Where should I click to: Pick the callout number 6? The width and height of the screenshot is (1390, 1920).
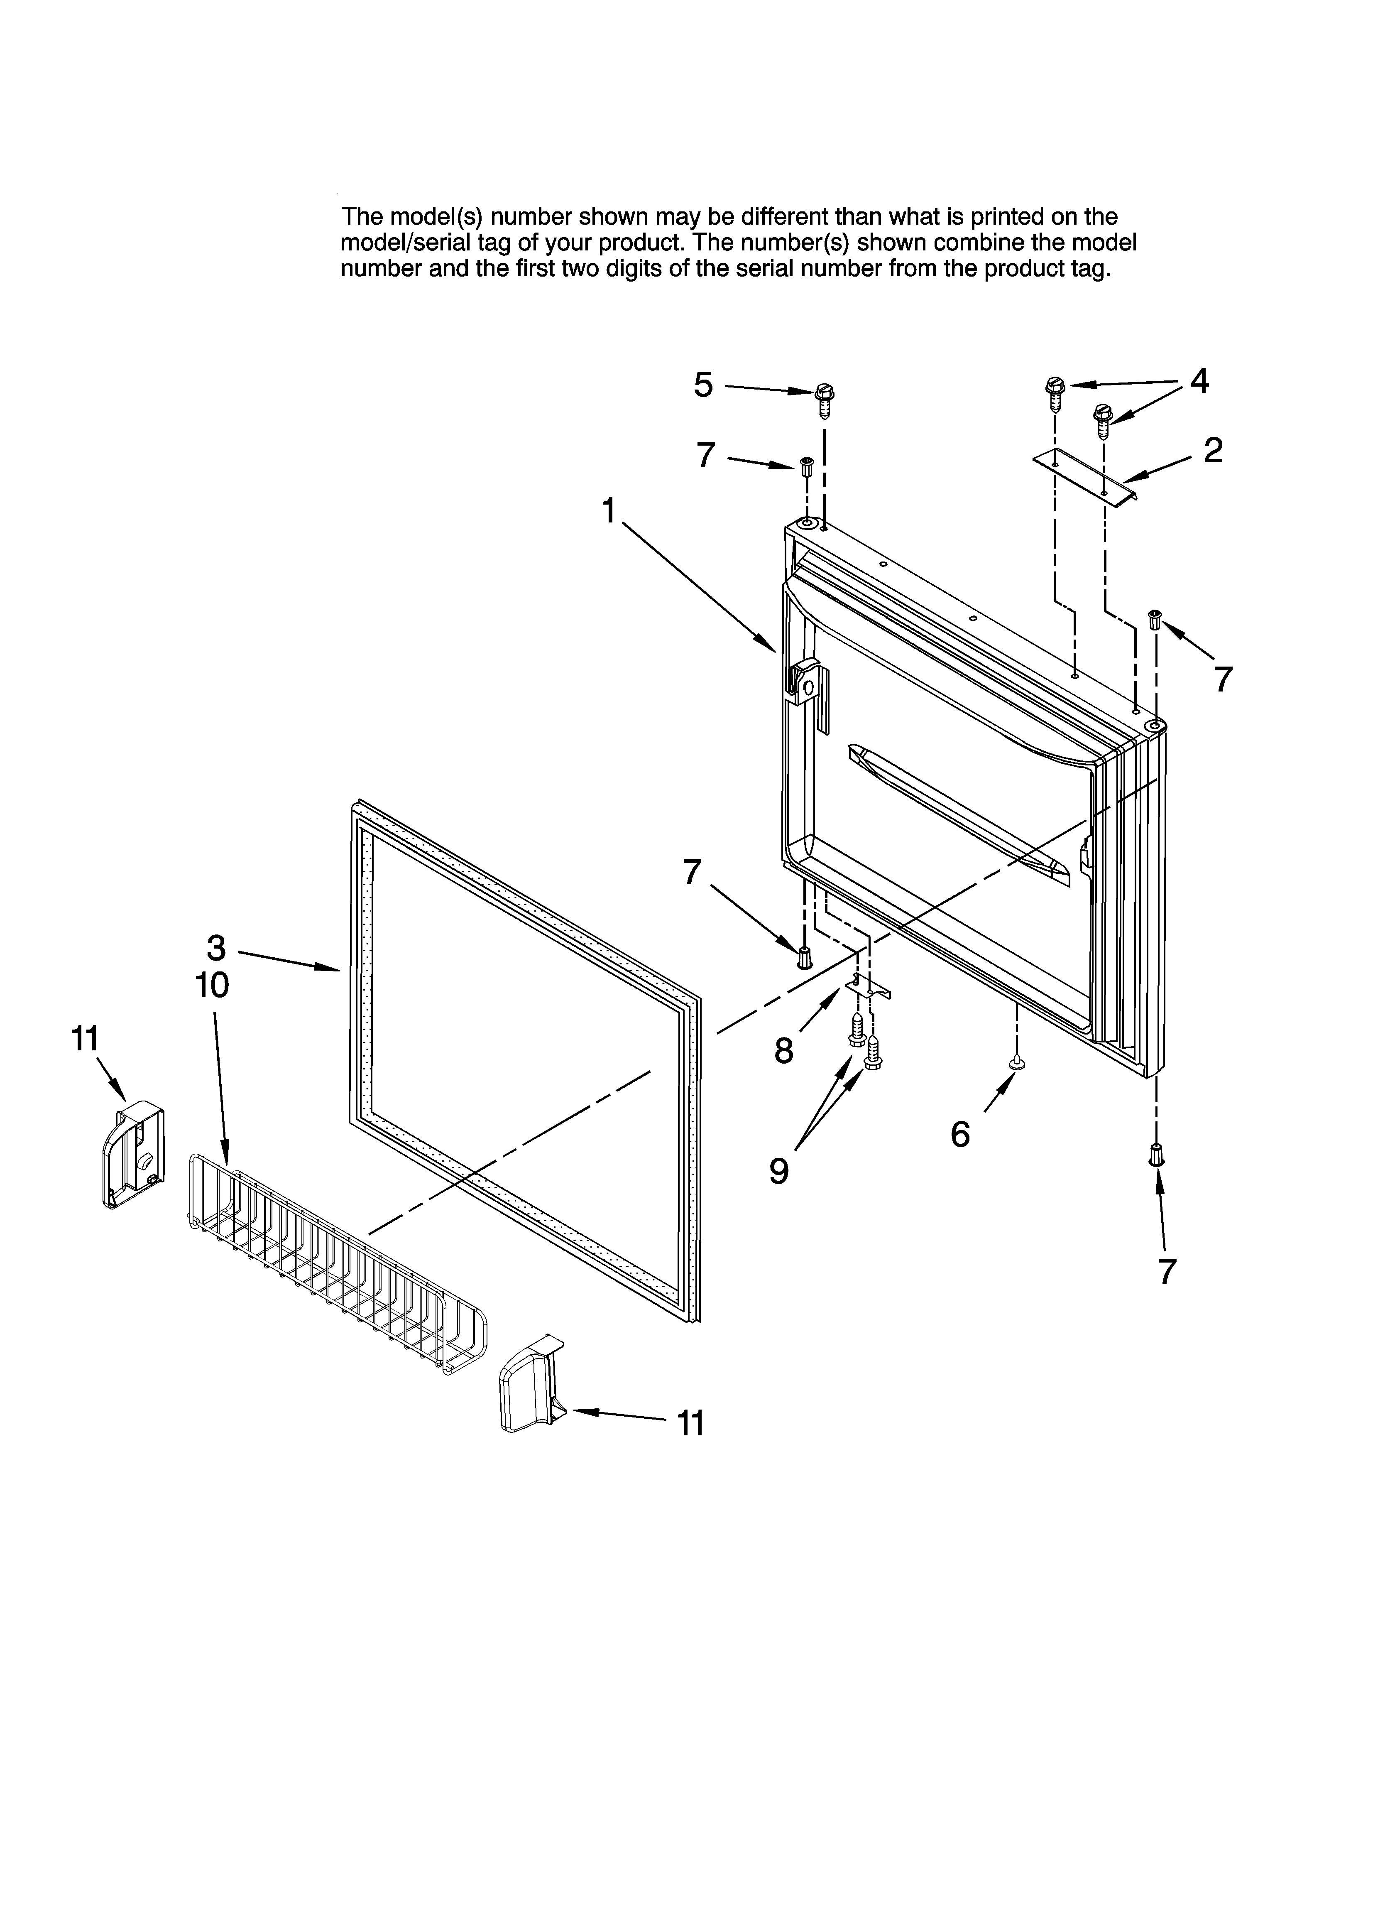pyautogui.click(x=960, y=1134)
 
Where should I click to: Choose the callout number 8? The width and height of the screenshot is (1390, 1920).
pyautogui.click(x=784, y=1051)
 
